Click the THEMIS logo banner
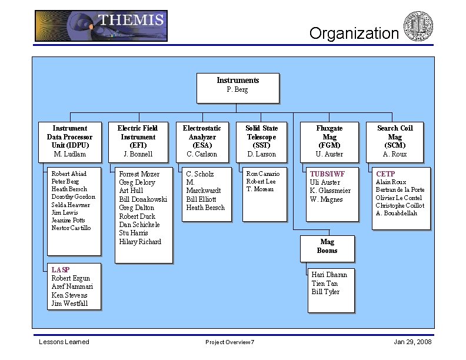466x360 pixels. coord(101,26)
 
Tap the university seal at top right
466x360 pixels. coord(418,26)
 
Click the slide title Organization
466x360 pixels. coord(354,34)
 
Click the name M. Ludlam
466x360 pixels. coord(70,154)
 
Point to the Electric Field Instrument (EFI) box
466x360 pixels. coord(138,141)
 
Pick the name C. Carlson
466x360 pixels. coord(202,154)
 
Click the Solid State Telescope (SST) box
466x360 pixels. coord(262,141)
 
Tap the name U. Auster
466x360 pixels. coord(329,154)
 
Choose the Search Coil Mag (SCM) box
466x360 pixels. coord(395,141)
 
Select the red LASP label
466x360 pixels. coord(61,269)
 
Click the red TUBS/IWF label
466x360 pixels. coord(327,174)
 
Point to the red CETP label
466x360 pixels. coord(385,174)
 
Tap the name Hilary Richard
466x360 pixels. coord(140,242)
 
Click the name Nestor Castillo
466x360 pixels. coord(71,228)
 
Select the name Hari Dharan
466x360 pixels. coord(329,275)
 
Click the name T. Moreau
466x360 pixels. coord(260,189)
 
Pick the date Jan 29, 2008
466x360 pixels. coord(412,342)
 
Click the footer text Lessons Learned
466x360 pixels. coord(64,342)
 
